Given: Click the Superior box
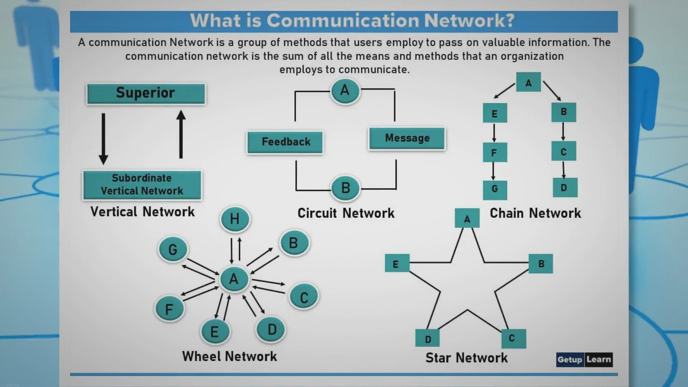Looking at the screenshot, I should (x=146, y=94).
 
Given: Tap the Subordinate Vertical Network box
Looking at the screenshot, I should (x=142, y=185).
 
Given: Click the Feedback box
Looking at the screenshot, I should (x=285, y=142).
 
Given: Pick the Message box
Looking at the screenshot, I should (x=407, y=138).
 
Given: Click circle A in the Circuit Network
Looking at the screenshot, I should (x=345, y=90).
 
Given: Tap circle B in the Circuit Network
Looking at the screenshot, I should (x=345, y=188).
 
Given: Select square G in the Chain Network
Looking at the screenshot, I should (x=494, y=189).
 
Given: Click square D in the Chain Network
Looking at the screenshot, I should (x=564, y=187).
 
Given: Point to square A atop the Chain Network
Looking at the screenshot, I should (x=528, y=82).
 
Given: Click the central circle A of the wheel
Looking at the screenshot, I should (x=234, y=279).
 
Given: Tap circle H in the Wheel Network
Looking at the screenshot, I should (x=235, y=219).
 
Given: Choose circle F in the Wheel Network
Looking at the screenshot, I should (x=169, y=309).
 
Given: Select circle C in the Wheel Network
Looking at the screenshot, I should (x=304, y=297).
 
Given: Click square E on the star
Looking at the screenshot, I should (x=397, y=263).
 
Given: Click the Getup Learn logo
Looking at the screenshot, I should (x=584, y=359).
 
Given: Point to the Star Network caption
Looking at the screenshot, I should (x=466, y=358).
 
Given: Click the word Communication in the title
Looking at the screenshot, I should (x=343, y=21).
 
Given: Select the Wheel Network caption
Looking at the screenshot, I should (x=229, y=356).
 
